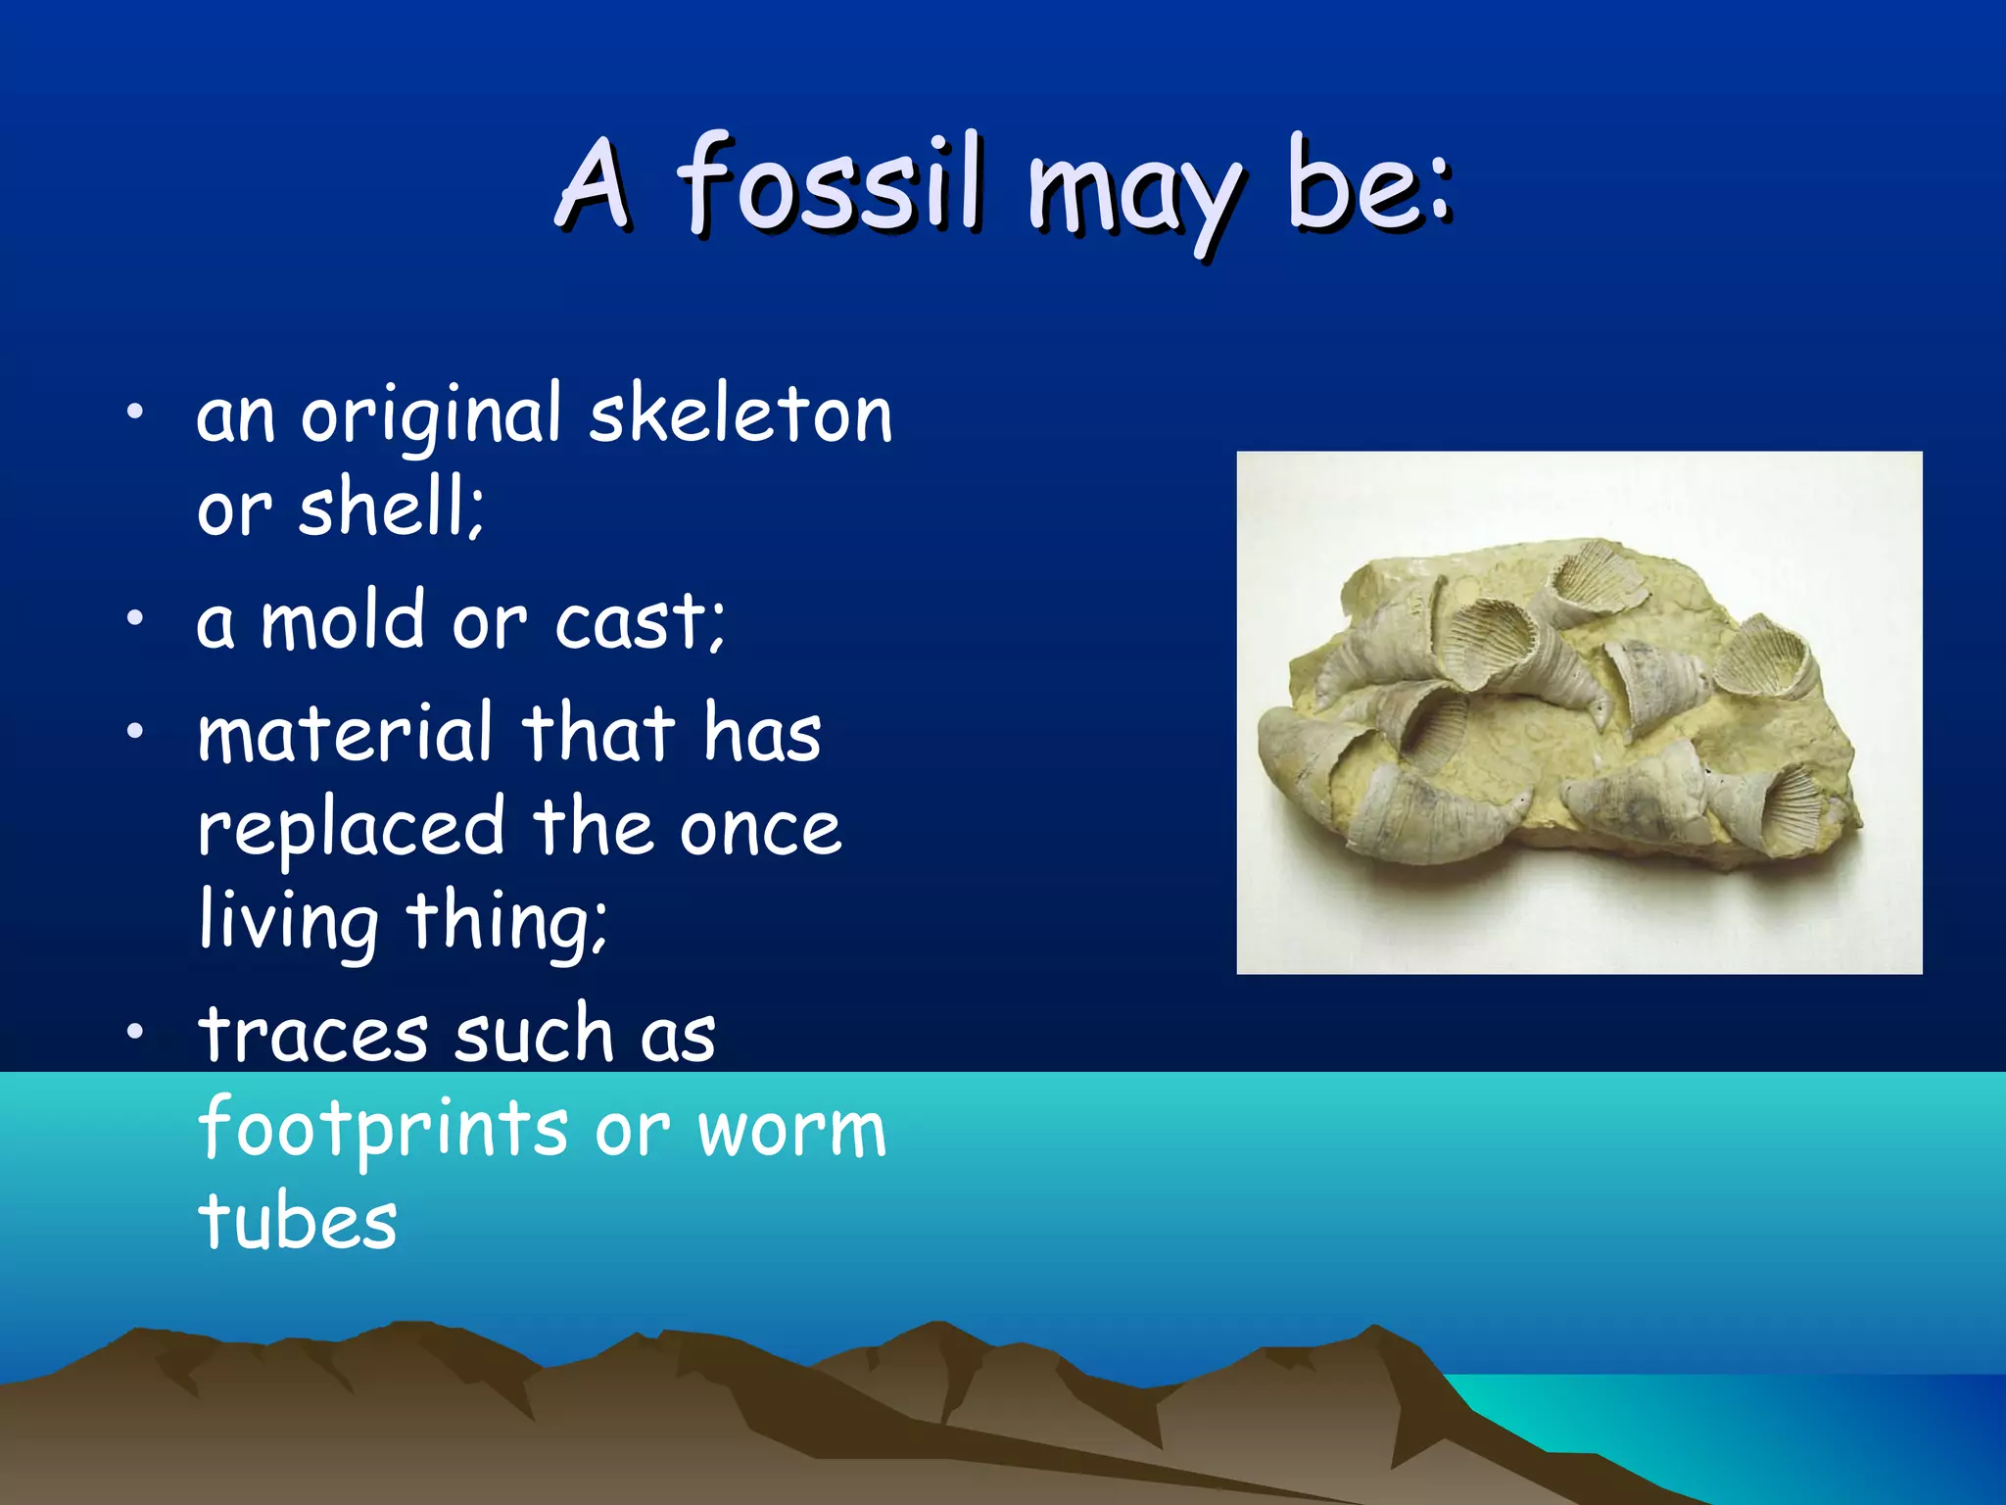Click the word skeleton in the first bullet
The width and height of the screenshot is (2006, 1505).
pos(740,415)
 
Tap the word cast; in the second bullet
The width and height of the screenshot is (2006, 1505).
pos(640,621)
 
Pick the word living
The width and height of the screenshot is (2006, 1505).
pos(288,921)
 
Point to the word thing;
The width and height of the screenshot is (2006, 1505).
pos(507,921)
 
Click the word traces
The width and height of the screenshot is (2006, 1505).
pos(313,1035)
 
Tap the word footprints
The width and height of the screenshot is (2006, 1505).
pos(383,1130)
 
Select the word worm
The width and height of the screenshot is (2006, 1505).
pos(791,1130)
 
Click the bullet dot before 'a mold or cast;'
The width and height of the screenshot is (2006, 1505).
pos(135,618)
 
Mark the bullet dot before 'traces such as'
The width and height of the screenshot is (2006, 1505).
pos(135,1030)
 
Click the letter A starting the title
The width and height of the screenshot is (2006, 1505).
pos(594,183)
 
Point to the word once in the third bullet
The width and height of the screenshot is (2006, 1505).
pos(760,829)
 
